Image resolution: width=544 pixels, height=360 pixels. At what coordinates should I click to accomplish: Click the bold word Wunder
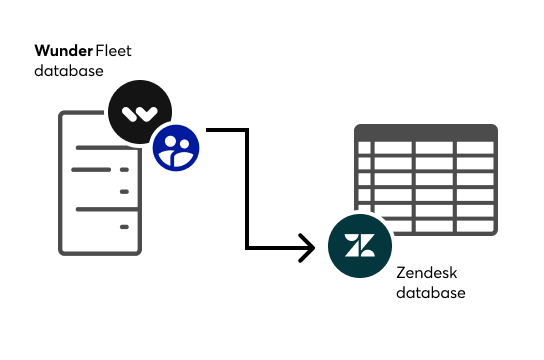[63, 50]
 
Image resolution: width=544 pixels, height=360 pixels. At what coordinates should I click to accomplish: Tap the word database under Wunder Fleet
[69, 71]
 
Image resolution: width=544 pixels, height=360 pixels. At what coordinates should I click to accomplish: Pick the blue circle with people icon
[176, 147]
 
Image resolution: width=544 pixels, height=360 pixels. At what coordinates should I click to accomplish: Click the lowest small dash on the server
[124, 227]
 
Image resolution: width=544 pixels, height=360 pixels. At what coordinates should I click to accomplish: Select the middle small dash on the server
[124, 189]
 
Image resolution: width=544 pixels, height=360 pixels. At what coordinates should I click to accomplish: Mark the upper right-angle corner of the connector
[245, 129]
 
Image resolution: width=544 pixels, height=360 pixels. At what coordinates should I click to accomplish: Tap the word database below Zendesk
[431, 293]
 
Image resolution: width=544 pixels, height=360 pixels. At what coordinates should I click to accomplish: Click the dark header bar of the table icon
[426, 132]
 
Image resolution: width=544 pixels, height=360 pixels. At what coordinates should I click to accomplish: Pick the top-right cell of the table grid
[475, 149]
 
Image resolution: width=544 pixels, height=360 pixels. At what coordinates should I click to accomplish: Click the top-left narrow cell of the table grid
[364, 149]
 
